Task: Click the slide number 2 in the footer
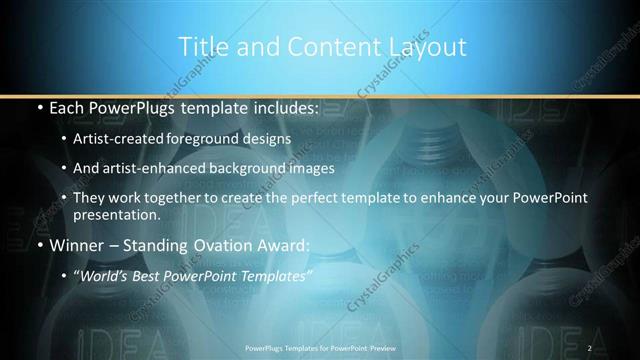(589, 347)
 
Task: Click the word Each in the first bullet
(68, 106)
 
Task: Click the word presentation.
(116, 215)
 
